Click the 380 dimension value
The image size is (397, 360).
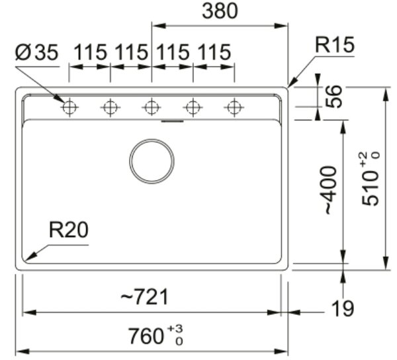[220, 11]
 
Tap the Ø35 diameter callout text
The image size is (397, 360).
[37, 52]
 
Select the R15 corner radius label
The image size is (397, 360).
[334, 45]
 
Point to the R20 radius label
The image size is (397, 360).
[69, 230]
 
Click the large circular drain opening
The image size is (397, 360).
[152, 161]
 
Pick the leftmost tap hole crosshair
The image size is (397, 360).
[69, 107]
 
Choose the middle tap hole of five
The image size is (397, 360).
[152, 107]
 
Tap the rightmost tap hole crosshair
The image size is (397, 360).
[234, 107]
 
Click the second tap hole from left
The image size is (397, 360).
[110, 107]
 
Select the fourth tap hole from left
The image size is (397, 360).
[193, 107]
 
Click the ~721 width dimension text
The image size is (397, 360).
[144, 296]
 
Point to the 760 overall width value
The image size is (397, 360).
[146, 336]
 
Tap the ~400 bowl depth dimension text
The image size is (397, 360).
[330, 191]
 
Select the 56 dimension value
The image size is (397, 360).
[333, 97]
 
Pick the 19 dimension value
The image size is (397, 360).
[343, 308]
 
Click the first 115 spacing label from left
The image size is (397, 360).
[90, 52]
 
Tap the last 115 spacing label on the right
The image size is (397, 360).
[214, 52]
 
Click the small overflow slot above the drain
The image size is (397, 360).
[173, 121]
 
